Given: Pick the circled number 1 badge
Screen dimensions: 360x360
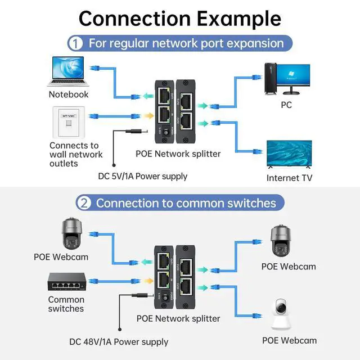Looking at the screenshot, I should (75, 43).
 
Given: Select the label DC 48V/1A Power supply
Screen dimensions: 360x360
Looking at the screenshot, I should (119, 341).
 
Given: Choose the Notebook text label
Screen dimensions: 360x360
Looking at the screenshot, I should (69, 94).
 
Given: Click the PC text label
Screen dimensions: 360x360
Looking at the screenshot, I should (287, 104).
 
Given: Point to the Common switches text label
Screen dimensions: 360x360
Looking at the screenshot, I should (66, 304).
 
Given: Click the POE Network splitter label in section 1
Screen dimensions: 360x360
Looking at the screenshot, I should (178, 153).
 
